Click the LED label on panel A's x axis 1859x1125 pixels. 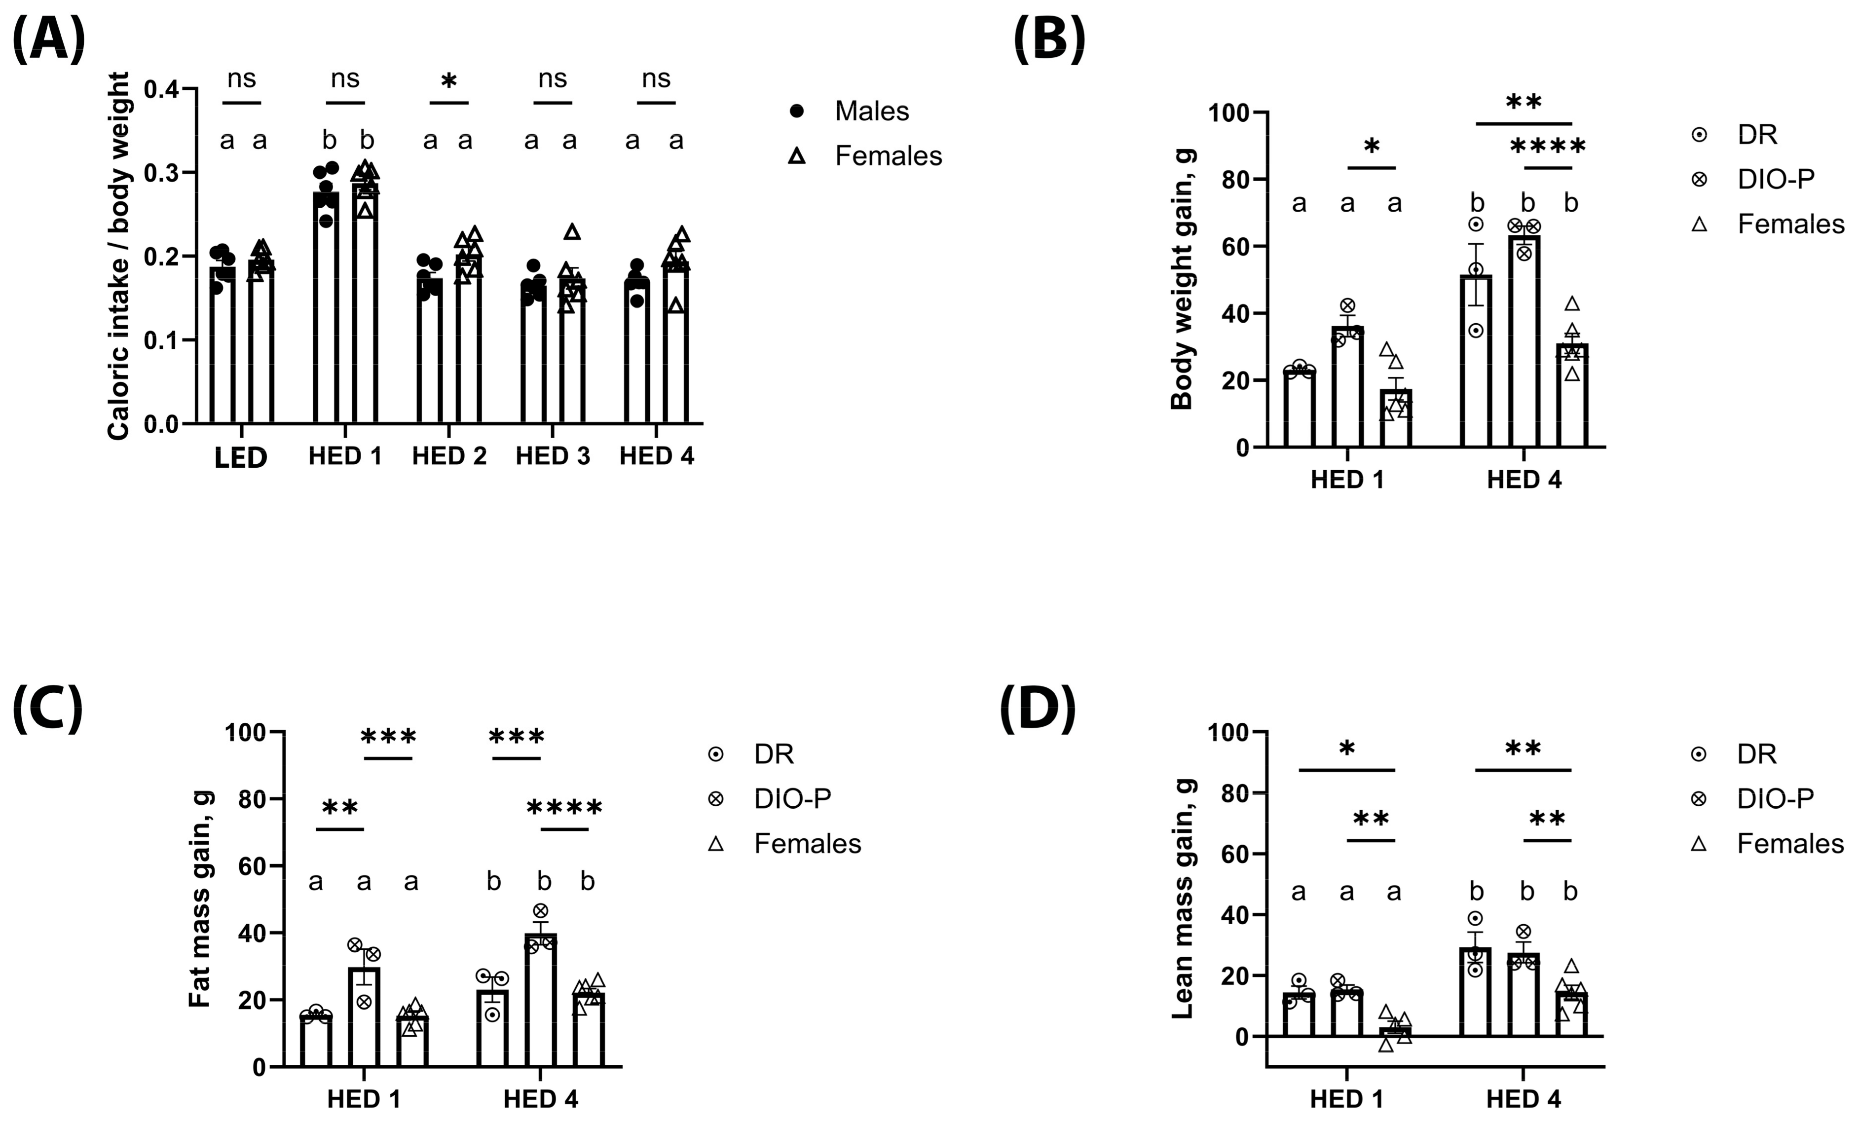point(241,458)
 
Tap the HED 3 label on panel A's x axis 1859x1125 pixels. point(552,456)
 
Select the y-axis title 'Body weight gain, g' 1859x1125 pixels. point(1182,280)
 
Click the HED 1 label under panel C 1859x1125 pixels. point(364,1099)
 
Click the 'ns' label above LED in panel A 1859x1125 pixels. point(241,78)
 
